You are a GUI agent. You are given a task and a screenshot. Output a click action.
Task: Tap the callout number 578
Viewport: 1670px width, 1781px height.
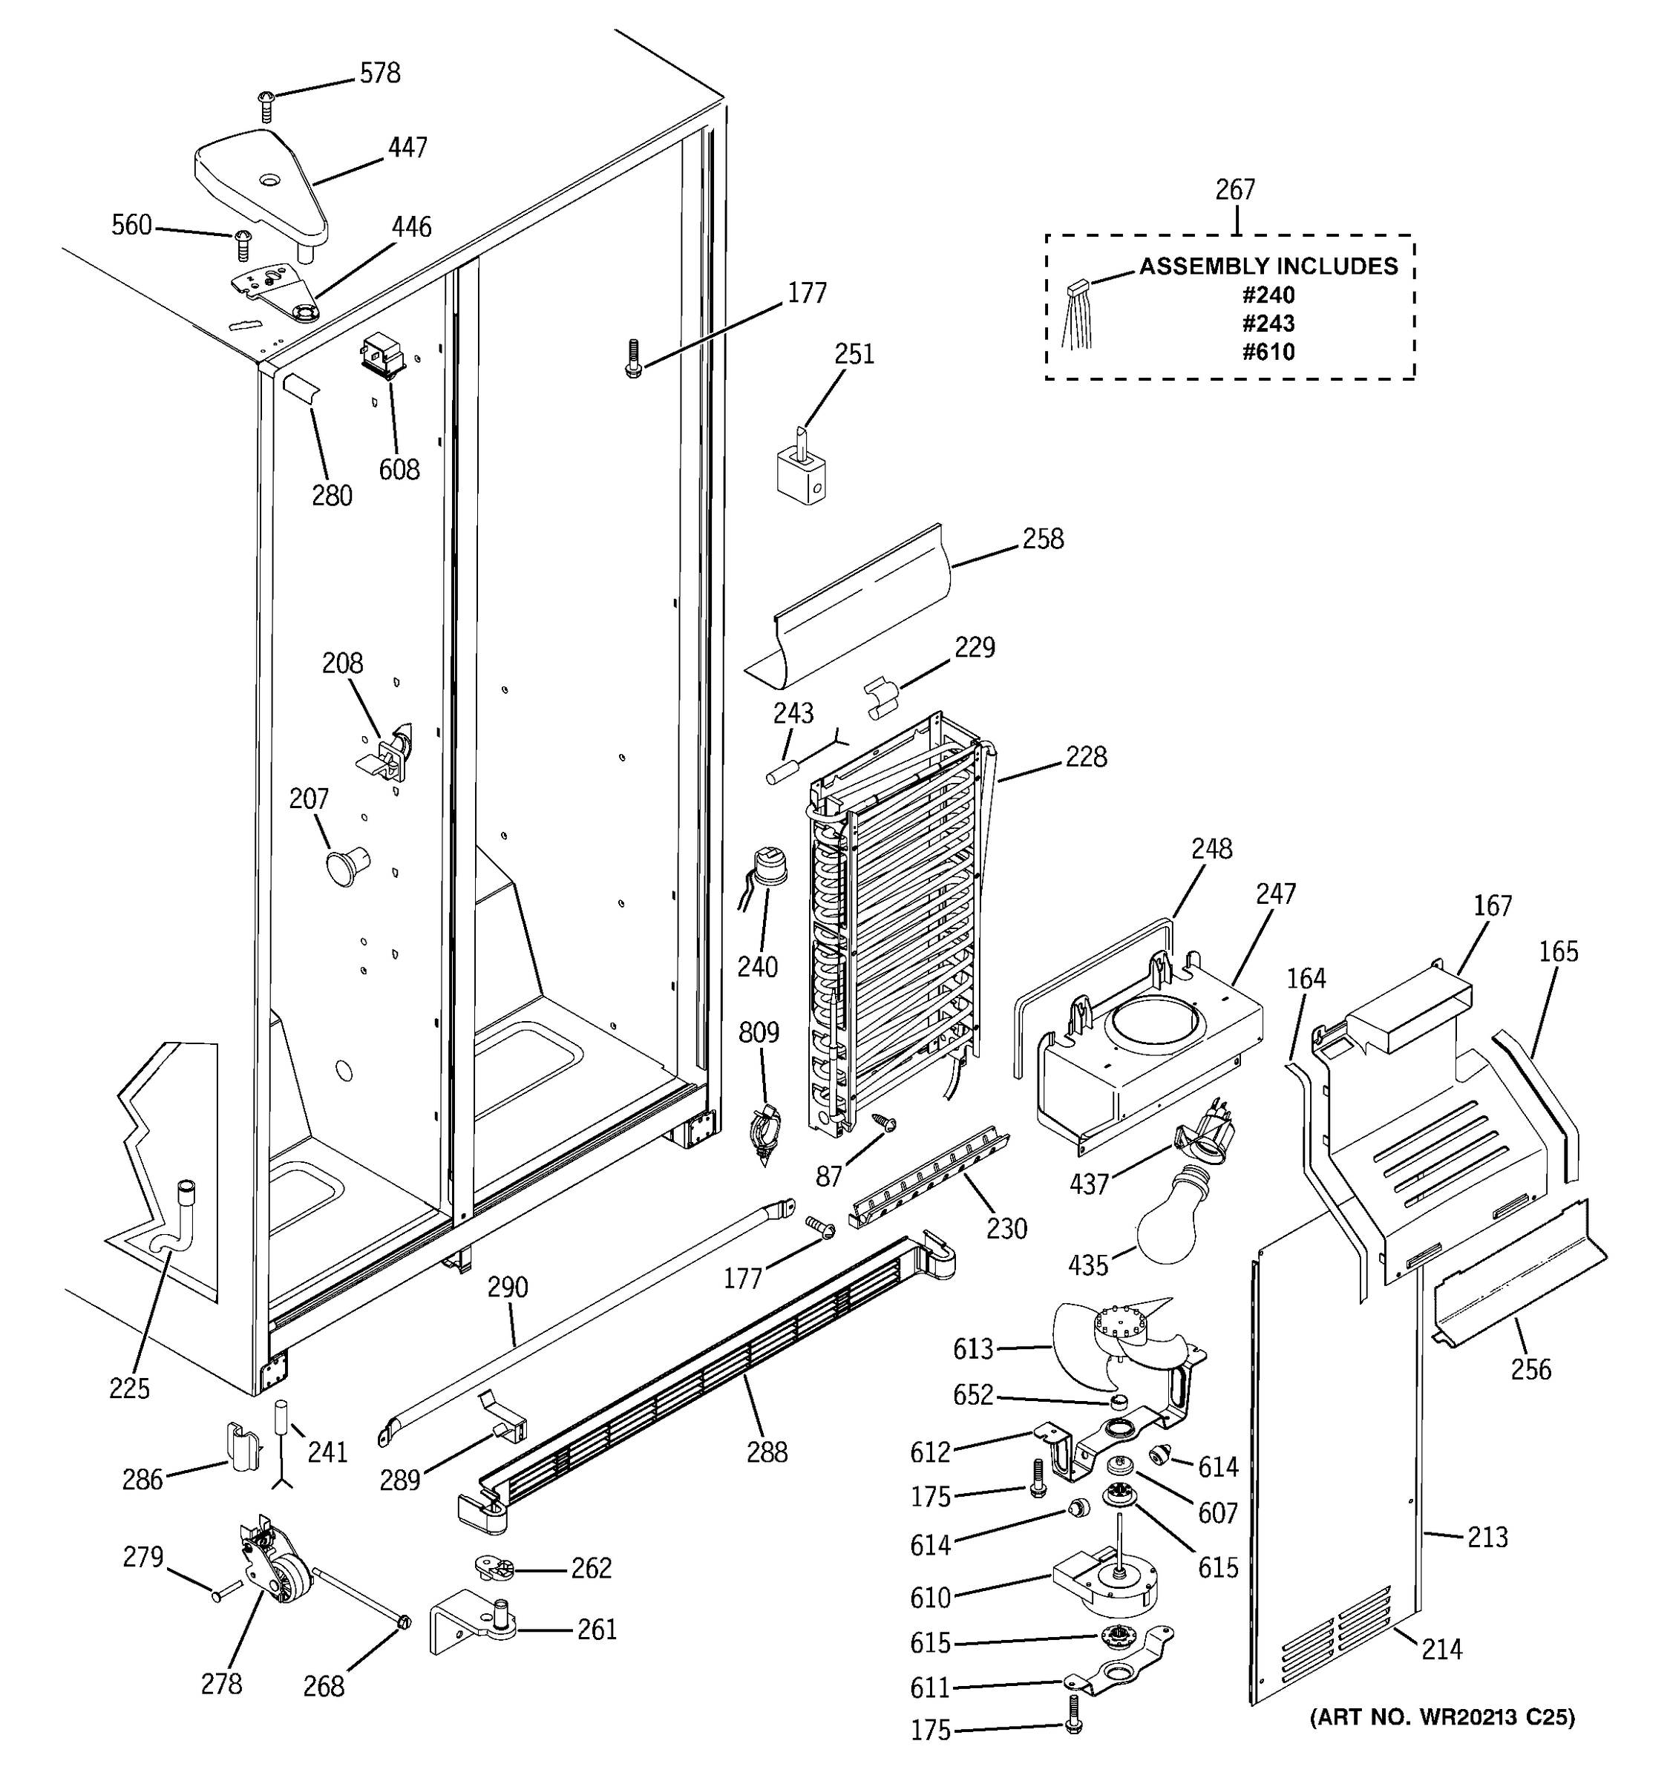[x=380, y=73]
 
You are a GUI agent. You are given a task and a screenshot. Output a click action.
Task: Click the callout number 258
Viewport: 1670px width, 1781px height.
[x=1043, y=539]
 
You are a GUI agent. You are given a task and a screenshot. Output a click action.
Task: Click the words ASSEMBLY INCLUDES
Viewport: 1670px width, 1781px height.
[x=1268, y=266]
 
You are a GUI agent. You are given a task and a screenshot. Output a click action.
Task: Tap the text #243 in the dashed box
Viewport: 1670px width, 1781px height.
[x=1268, y=324]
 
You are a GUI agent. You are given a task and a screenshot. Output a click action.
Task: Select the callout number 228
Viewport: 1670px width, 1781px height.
[x=1085, y=757]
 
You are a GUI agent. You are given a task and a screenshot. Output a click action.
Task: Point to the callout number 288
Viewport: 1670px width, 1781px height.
[x=767, y=1452]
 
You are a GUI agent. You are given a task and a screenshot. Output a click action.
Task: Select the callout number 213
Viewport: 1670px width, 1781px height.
[x=1487, y=1538]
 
